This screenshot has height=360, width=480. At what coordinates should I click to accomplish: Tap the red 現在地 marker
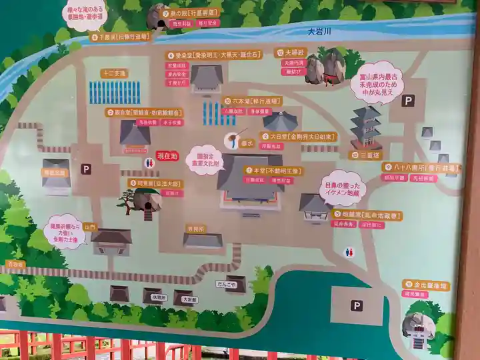[167, 155]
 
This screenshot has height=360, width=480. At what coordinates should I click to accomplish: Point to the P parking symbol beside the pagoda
[409, 100]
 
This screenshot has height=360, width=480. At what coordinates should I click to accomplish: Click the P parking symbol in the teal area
[357, 305]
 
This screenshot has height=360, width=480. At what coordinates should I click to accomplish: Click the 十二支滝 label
[114, 73]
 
